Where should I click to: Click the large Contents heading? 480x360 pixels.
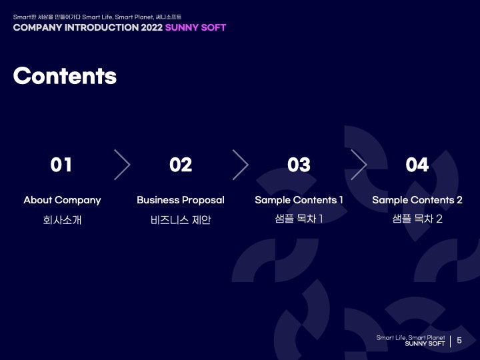click(x=65, y=75)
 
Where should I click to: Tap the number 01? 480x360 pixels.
click(x=61, y=165)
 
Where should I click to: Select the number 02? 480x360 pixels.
click(x=181, y=165)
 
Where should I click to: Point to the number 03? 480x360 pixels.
click(x=299, y=165)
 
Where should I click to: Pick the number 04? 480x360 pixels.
click(x=417, y=165)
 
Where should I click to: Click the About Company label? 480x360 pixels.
click(x=62, y=200)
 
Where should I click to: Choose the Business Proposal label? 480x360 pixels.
click(x=181, y=200)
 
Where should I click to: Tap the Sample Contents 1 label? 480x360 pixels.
click(x=299, y=200)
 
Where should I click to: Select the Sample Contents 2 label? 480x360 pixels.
click(x=417, y=200)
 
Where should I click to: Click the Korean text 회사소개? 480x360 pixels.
click(x=62, y=220)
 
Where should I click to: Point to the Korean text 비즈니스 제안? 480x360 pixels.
click(x=181, y=220)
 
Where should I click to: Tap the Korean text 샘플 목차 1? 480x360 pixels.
click(x=299, y=219)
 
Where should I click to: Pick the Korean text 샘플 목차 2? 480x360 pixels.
click(x=417, y=219)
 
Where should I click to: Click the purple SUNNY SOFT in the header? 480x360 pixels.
click(x=195, y=27)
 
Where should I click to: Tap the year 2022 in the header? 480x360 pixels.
click(x=152, y=27)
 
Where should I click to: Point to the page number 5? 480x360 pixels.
click(x=459, y=341)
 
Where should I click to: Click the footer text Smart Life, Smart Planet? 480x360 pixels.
click(x=411, y=337)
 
